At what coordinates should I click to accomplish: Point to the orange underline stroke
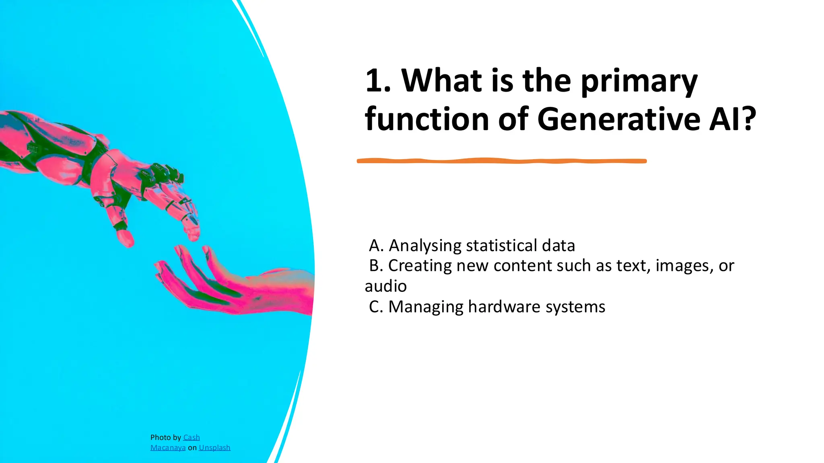tap(501, 161)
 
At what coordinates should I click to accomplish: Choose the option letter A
tap(376, 246)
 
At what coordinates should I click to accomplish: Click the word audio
tap(385, 286)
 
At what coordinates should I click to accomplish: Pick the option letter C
tap(376, 307)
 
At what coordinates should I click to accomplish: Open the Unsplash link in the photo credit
tap(214, 448)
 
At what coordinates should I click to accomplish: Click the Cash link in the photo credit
tap(192, 437)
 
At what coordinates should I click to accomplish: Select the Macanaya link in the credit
tap(168, 448)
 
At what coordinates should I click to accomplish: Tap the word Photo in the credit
tap(160, 437)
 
